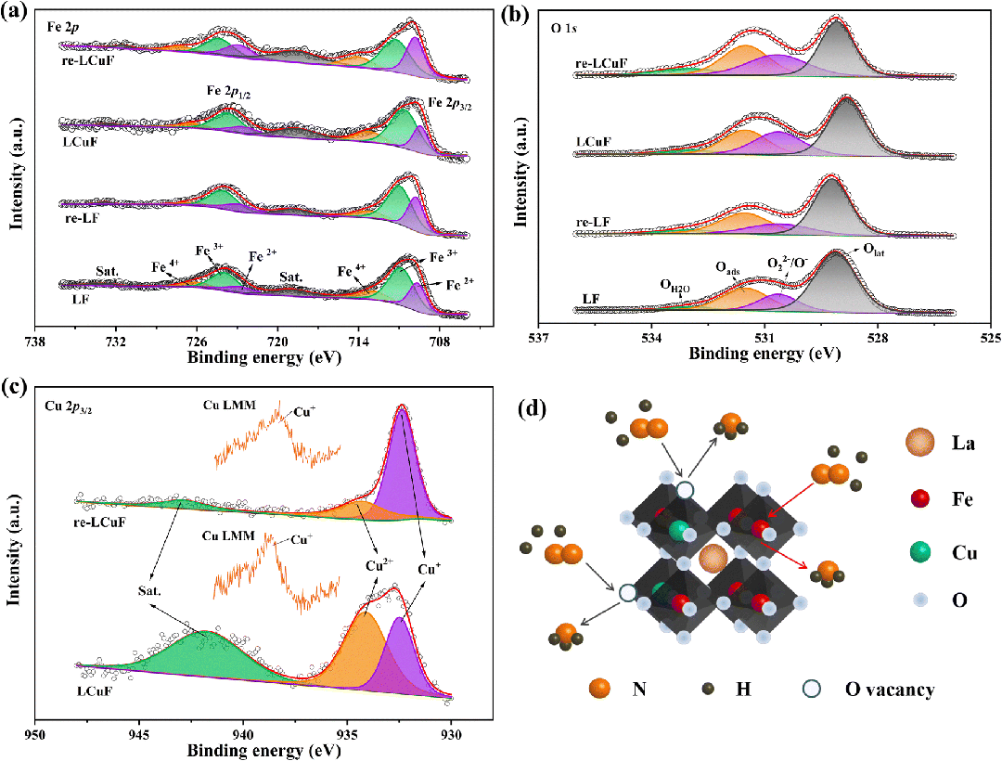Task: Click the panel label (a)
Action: click(14, 13)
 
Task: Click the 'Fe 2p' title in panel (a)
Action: click(63, 27)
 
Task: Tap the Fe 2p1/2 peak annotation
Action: click(229, 91)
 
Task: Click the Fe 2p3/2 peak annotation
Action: click(450, 104)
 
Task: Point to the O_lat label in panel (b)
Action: click(874, 252)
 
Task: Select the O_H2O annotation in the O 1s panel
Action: click(675, 287)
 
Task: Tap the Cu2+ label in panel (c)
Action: click(379, 565)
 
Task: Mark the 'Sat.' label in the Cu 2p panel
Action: click(149, 591)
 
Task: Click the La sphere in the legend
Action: click(920, 442)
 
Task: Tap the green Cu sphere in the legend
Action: click(920, 553)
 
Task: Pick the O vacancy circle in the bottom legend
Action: click(813, 689)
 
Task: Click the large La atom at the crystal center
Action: click(713, 559)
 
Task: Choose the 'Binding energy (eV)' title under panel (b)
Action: click(764, 354)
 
